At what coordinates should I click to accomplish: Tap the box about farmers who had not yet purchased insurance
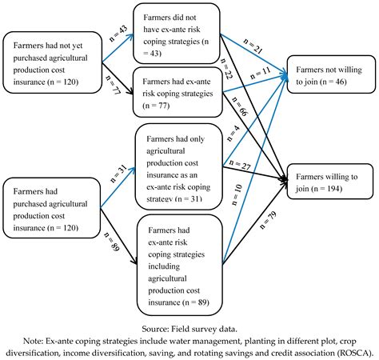51,59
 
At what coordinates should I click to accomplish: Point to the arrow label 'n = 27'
242,165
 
